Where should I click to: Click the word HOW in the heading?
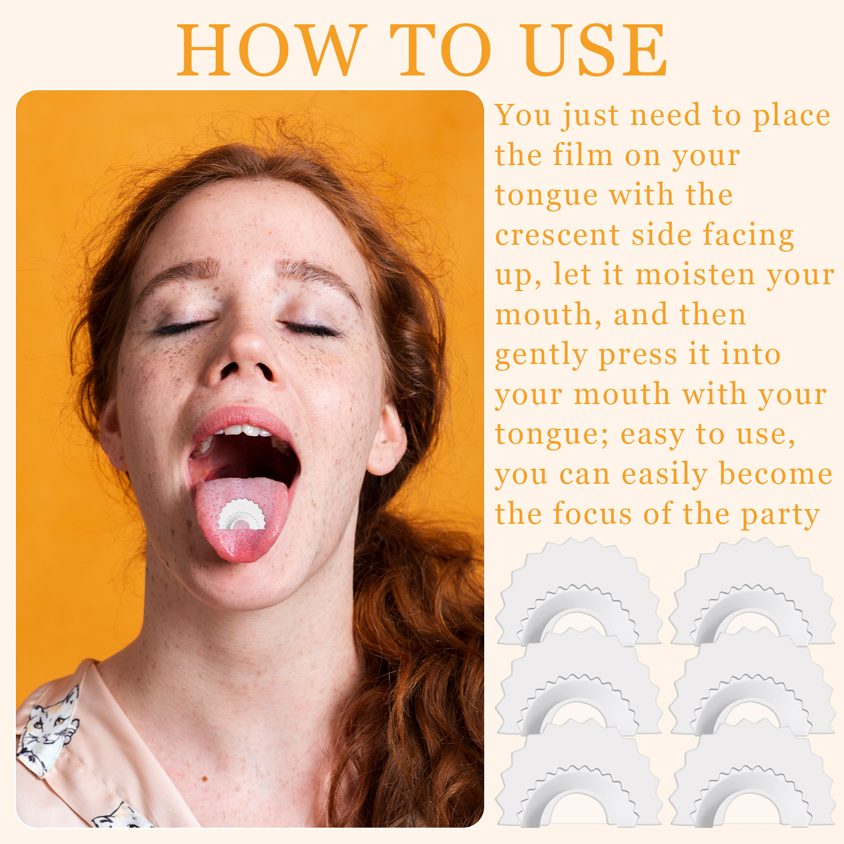271,50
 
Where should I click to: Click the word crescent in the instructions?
558,235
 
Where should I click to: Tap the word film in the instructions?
583,155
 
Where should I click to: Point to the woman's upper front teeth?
243,430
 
